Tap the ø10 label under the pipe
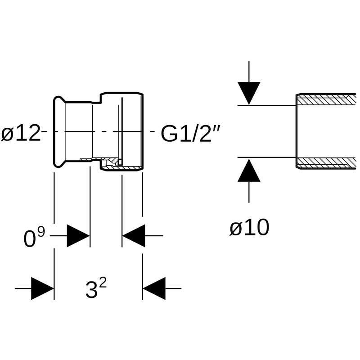coord(249,228)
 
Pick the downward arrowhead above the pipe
coord(249,93)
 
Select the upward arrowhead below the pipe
coord(249,171)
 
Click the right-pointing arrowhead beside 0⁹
coord(78,235)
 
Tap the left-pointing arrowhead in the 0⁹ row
coord(134,235)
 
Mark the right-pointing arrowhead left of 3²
coord(42,288)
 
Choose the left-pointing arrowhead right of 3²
coord(154,288)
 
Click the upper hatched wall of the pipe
coord(326,99)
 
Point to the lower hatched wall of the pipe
coord(326,162)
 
